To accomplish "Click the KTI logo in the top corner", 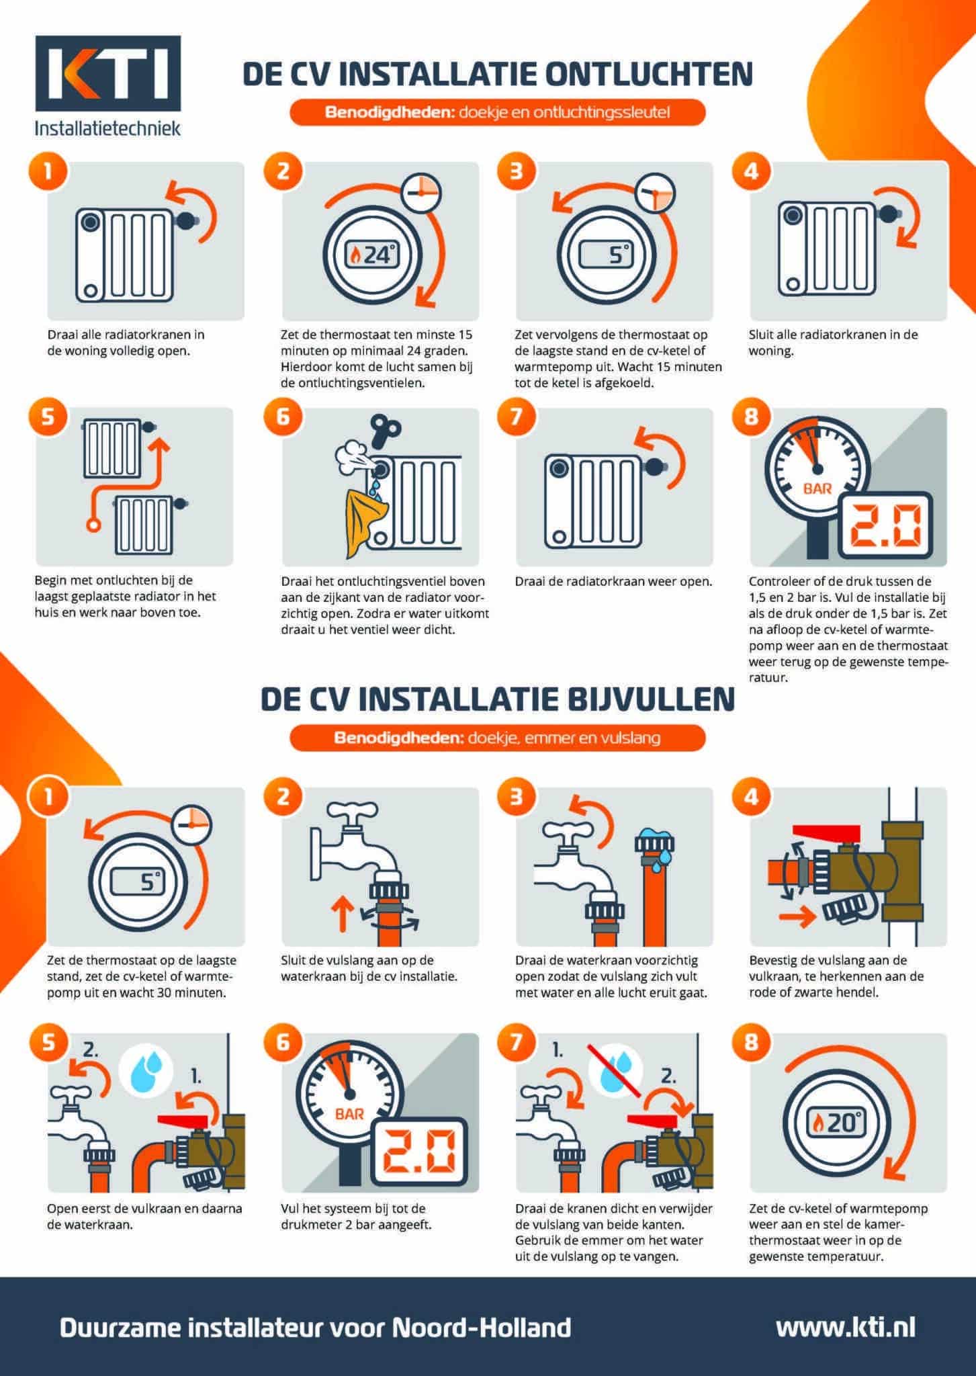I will pyautogui.click(x=107, y=75).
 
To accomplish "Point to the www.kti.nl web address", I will pyautogui.click(x=845, y=1326).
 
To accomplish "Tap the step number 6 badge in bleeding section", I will pyautogui.click(x=282, y=417).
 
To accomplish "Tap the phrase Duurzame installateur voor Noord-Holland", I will pyautogui.click(x=316, y=1326).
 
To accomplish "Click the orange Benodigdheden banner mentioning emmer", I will pyautogui.click(x=497, y=738).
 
